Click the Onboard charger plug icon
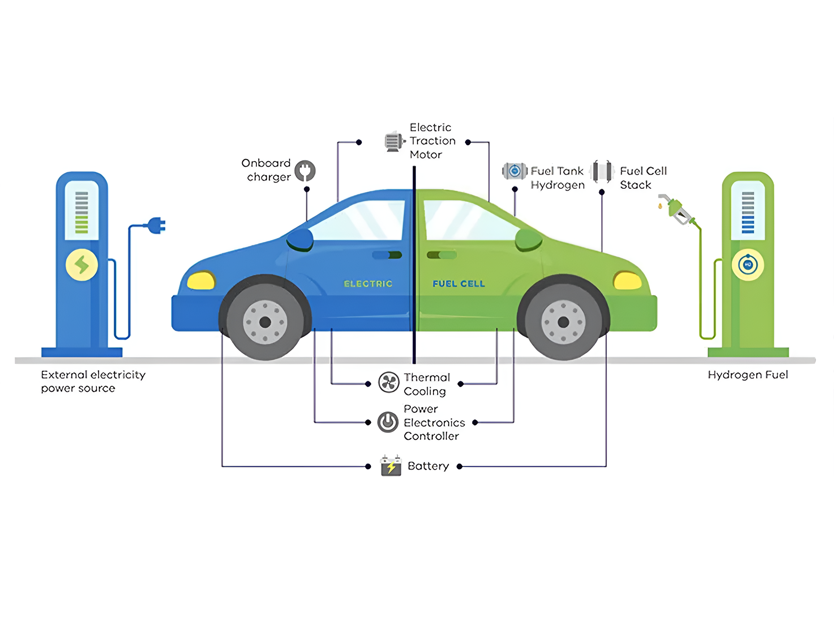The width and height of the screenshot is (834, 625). click(x=305, y=171)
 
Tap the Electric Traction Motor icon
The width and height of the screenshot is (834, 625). click(x=394, y=142)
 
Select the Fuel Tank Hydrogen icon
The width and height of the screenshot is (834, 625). click(x=515, y=171)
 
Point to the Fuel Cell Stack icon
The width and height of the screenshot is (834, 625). click(x=602, y=171)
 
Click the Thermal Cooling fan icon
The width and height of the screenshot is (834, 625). click(x=388, y=382)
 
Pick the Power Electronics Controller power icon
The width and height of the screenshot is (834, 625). click(x=388, y=422)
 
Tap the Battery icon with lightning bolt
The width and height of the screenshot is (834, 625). click(x=391, y=466)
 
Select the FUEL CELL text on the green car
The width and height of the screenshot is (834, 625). click(x=458, y=284)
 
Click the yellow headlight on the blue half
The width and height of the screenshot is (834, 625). click(x=201, y=280)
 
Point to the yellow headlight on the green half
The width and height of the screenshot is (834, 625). click(x=627, y=281)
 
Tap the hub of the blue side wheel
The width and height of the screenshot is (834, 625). click(x=265, y=322)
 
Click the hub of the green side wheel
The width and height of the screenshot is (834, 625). click(x=563, y=322)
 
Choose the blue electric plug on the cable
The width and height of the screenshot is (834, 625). click(x=156, y=225)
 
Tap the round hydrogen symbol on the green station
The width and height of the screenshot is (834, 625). click(x=748, y=264)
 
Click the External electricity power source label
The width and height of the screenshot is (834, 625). click(x=93, y=381)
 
